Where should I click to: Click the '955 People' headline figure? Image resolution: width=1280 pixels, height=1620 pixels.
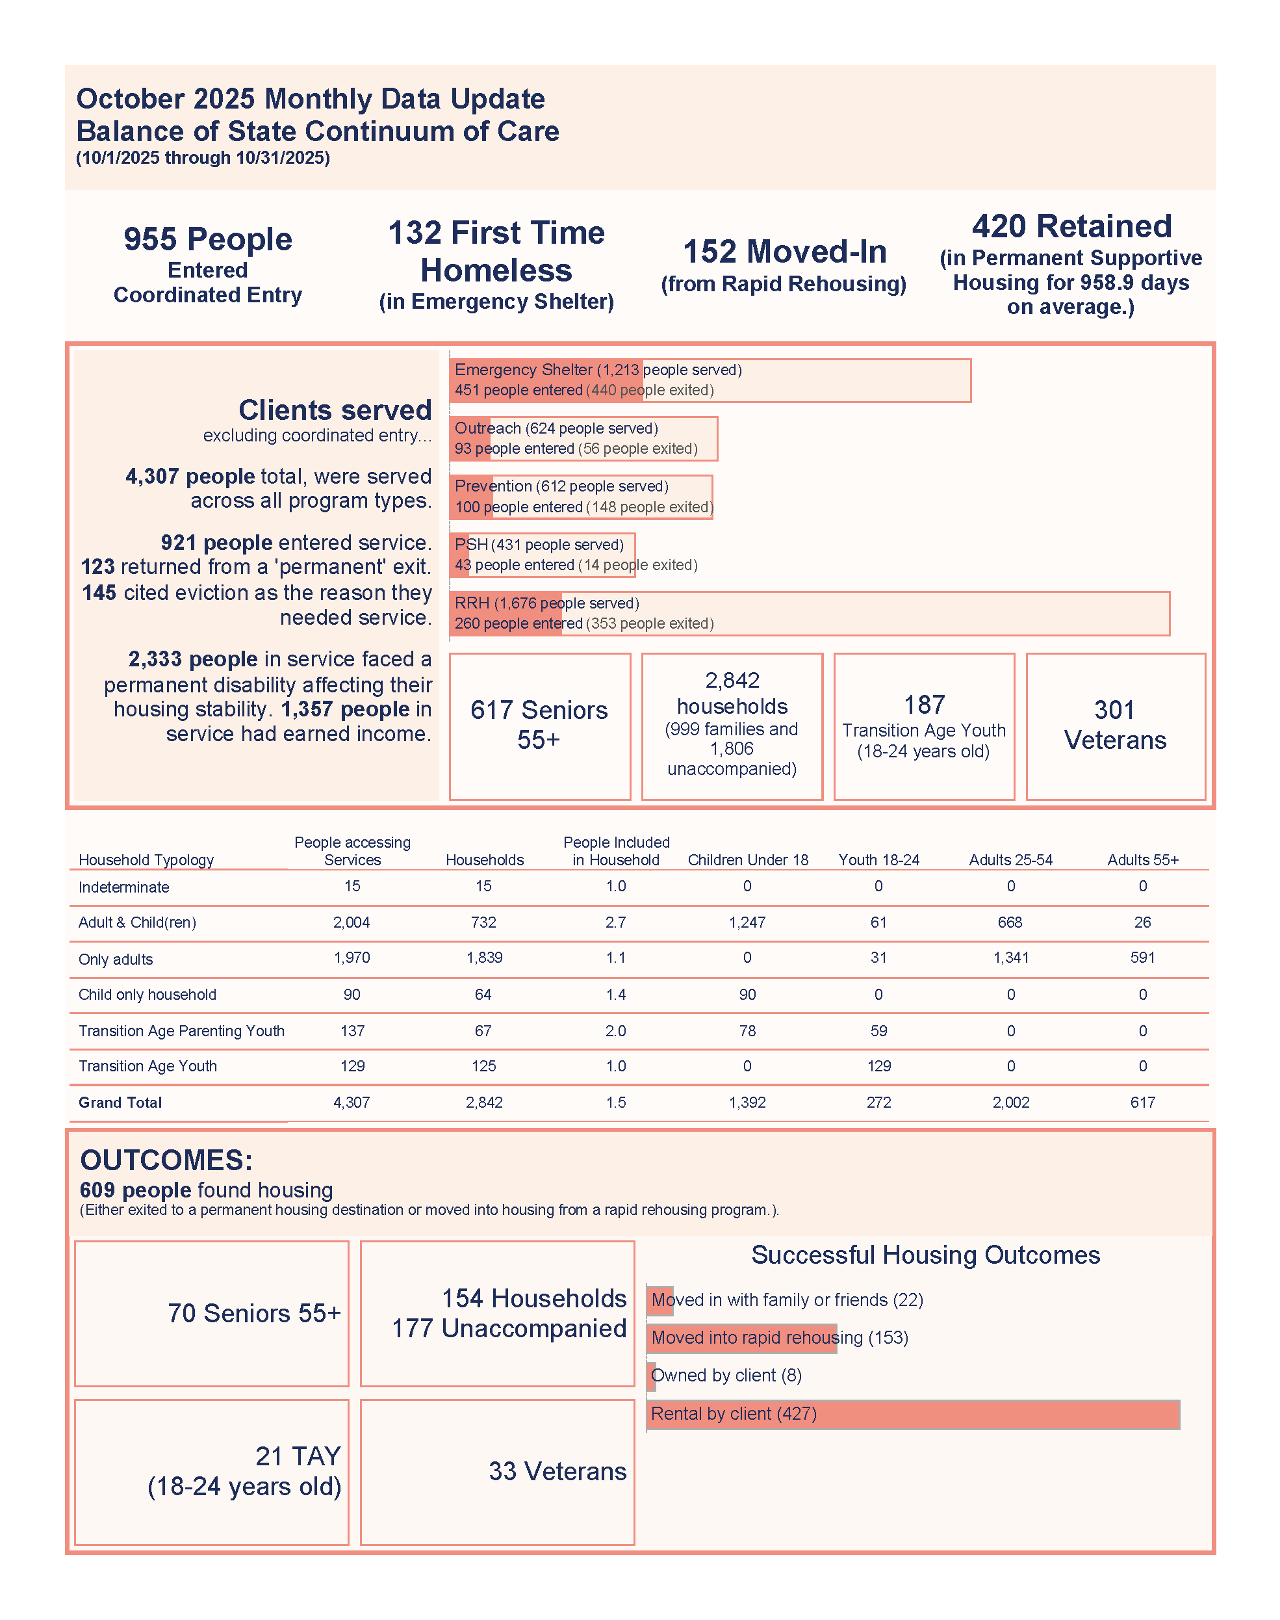click(x=207, y=239)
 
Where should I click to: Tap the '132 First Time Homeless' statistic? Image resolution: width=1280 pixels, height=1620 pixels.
click(x=496, y=251)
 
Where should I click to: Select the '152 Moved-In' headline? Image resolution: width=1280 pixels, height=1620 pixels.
click(x=785, y=251)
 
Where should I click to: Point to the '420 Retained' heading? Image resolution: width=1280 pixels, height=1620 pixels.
click(x=1071, y=226)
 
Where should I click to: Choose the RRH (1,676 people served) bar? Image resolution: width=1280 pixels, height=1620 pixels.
click(x=810, y=613)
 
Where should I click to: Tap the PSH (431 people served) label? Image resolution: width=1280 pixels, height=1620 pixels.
click(x=539, y=544)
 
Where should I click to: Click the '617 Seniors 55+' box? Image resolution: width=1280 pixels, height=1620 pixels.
click(x=539, y=725)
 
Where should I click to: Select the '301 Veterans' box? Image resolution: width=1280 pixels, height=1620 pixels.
click(x=1116, y=725)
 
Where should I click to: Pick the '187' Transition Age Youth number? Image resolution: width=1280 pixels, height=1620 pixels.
click(x=924, y=705)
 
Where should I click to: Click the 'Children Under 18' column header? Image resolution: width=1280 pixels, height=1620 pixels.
click(x=748, y=860)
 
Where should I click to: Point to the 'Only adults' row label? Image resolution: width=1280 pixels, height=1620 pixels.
click(x=116, y=959)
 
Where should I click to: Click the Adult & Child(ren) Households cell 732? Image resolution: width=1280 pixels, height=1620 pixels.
click(x=483, y=922)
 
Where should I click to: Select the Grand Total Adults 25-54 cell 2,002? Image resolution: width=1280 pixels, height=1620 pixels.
click(x=1011, y=1102)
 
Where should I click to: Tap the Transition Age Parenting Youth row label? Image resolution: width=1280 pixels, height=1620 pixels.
click(x=181, y=1031)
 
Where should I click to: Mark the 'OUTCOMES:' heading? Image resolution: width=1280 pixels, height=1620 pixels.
click(x=166, y=1160)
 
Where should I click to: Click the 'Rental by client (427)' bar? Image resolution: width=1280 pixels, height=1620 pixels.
click(x=913, y=1414)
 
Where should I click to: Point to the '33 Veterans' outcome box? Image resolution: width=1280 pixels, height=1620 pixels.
click(x=498, y=1472)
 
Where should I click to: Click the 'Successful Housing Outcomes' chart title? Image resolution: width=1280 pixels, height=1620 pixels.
click(x=925, y=1255)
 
